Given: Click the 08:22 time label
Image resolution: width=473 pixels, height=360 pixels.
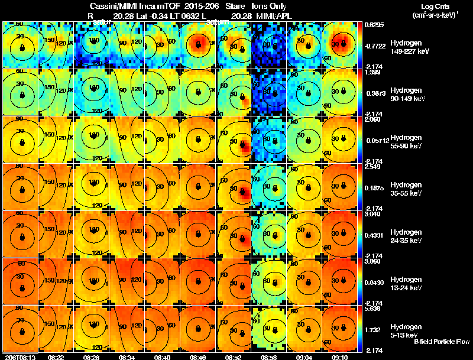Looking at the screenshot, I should (56, 357).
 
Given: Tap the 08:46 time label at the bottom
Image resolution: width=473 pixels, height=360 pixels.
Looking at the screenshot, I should (198, 357).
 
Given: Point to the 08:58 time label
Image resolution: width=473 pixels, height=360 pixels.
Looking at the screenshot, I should (269, 357).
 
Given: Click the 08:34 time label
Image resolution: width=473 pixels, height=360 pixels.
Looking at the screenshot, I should (127, 357).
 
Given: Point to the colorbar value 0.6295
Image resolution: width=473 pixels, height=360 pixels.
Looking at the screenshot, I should (374, 25).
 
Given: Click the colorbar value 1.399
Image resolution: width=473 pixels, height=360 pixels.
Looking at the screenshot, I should (372, 72).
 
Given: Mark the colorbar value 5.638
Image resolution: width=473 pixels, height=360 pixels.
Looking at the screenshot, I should (372, 308).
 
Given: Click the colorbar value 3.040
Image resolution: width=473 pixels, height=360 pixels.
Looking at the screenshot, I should (372, 213).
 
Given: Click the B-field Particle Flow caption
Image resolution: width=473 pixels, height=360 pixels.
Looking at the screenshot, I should (442, 341).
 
